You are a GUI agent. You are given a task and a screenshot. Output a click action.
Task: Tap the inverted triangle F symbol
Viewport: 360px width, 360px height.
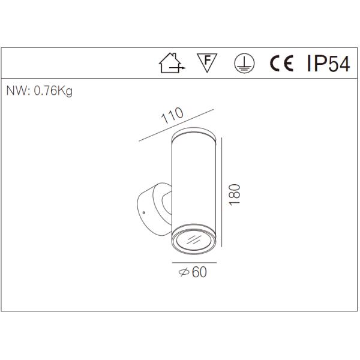point(207,62)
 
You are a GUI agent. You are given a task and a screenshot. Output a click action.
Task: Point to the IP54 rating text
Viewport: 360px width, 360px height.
point(327,64)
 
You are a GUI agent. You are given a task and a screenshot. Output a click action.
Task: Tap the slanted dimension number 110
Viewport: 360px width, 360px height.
point(173,117)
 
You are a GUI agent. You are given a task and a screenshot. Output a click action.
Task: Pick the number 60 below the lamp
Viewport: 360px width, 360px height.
point(200,272)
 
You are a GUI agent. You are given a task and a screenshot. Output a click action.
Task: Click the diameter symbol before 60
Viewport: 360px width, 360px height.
point(184,272)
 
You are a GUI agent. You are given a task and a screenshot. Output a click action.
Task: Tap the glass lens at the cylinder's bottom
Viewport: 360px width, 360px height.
point(193,241)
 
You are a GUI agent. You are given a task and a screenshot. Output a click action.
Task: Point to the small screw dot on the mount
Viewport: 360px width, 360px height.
point(145,212)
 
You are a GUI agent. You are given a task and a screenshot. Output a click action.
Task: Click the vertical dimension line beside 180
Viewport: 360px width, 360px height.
point(223,192)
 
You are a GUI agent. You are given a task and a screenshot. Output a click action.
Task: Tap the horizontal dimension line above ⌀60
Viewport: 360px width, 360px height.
point(193,263)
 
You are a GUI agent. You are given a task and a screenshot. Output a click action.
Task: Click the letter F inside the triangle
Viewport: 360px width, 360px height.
point(207,60)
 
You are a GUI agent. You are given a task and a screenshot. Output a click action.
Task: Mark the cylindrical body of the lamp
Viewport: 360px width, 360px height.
point(193,180)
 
